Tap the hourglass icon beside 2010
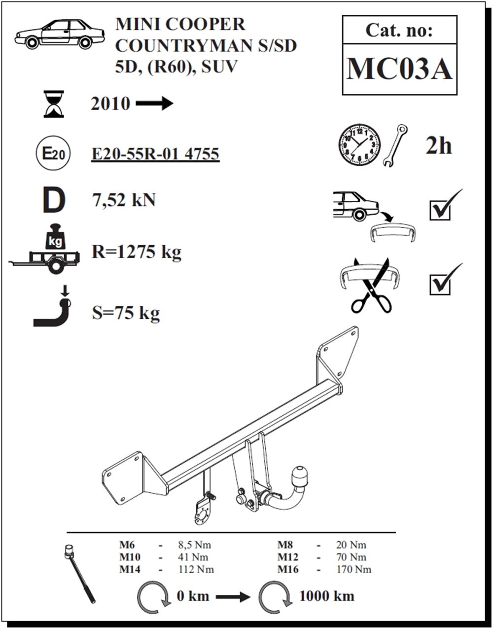54,104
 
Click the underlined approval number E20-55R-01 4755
155,154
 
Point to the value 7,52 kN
124,200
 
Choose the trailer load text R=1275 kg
137,253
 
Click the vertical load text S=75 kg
126,313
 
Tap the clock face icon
359,146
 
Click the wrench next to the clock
395,146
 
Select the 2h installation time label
438,146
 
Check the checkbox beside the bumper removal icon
440,211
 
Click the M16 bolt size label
288,570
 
